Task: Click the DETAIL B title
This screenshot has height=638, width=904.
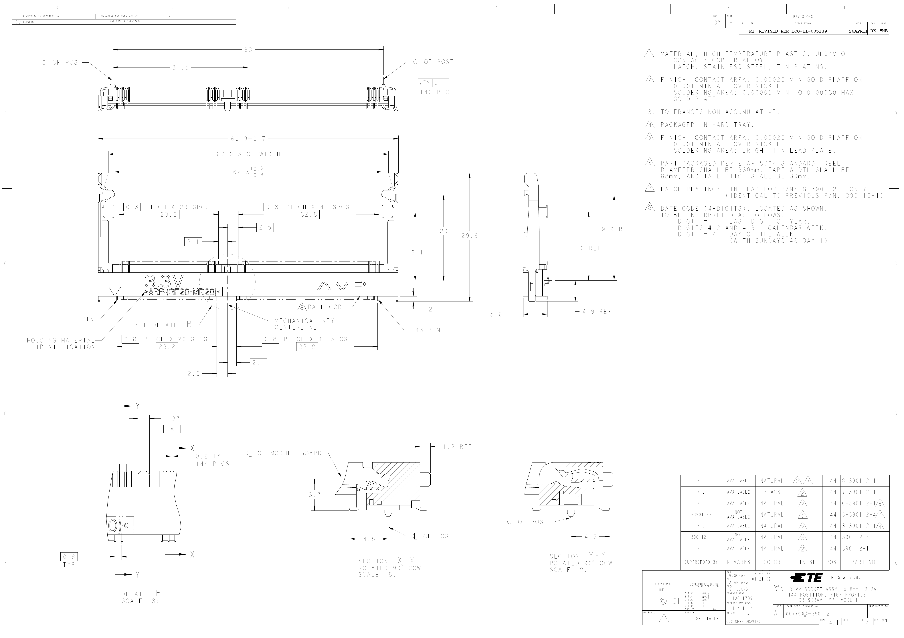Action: (141, 594)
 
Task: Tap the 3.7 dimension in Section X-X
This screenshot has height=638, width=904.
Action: (314, 495)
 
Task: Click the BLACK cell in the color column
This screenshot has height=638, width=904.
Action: (772, 492)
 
